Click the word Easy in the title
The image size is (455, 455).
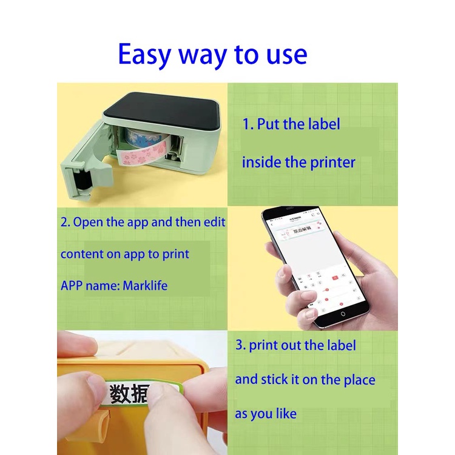click(146, 55)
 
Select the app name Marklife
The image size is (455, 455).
click(146, 286)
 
